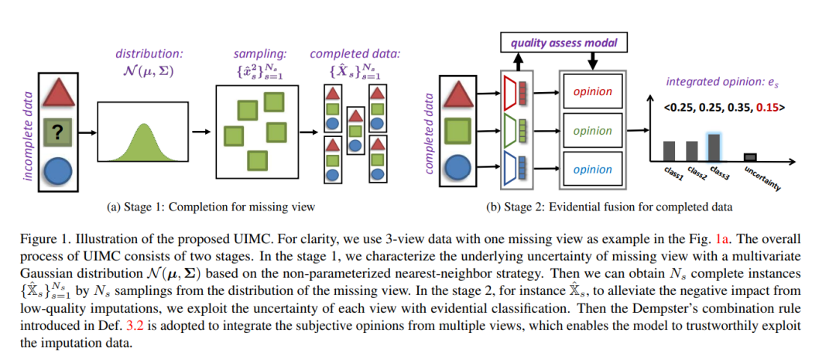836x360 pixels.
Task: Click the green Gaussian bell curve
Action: click(143, 142)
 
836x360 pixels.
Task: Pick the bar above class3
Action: click(715, 147)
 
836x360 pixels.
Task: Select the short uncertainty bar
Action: click(750, 157)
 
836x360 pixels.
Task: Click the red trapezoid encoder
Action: click(509, 91)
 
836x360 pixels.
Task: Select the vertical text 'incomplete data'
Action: click(29, 135)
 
